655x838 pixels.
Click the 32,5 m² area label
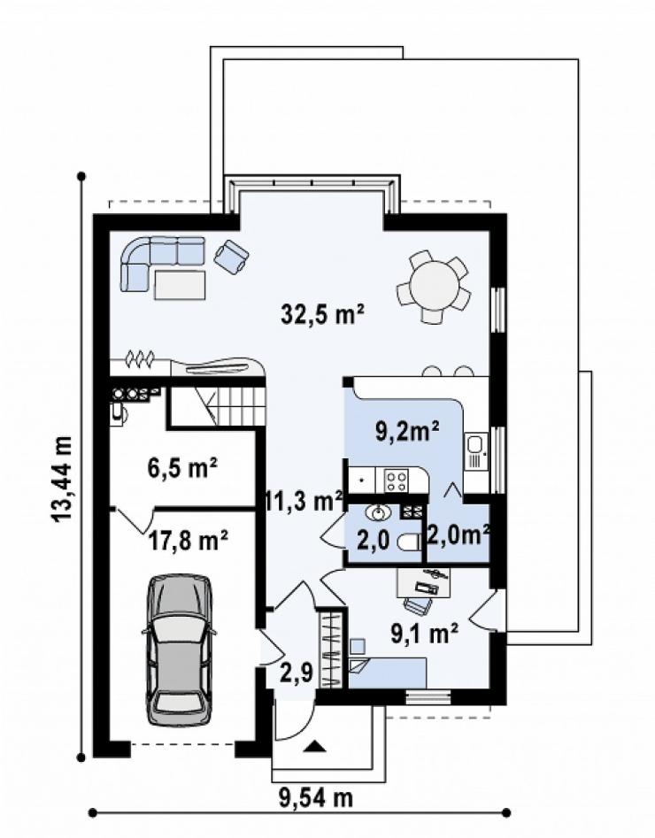tap(322, 314)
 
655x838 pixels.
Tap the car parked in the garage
tap(179, 650)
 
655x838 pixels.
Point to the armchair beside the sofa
tap(231, 258)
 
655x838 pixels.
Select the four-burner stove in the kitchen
tap(397, 480)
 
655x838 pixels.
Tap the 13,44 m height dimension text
tap(62, 478)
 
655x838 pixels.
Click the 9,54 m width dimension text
tap(316, 798)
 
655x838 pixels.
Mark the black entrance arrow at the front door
tap(314, 746)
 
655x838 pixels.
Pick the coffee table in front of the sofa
tap(180, 285)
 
